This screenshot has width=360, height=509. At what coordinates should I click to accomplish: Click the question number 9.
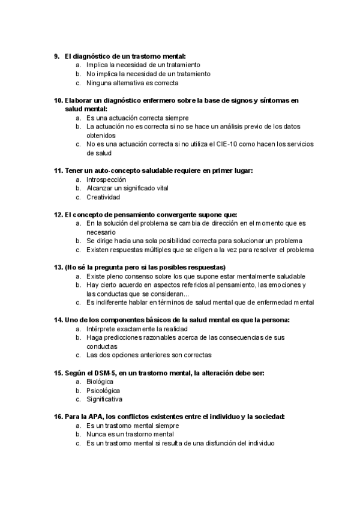click(x=56, y=56)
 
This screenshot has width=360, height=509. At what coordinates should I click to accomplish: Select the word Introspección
click(x=106, y=179)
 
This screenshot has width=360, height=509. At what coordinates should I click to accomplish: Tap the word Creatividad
click(x=103, y=197)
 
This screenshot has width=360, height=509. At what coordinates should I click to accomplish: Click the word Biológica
click(x=100, y=382)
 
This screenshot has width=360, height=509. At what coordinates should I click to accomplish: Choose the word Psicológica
click(x=103, y=390)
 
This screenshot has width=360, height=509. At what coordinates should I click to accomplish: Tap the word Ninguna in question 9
click(x=99, y=83)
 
